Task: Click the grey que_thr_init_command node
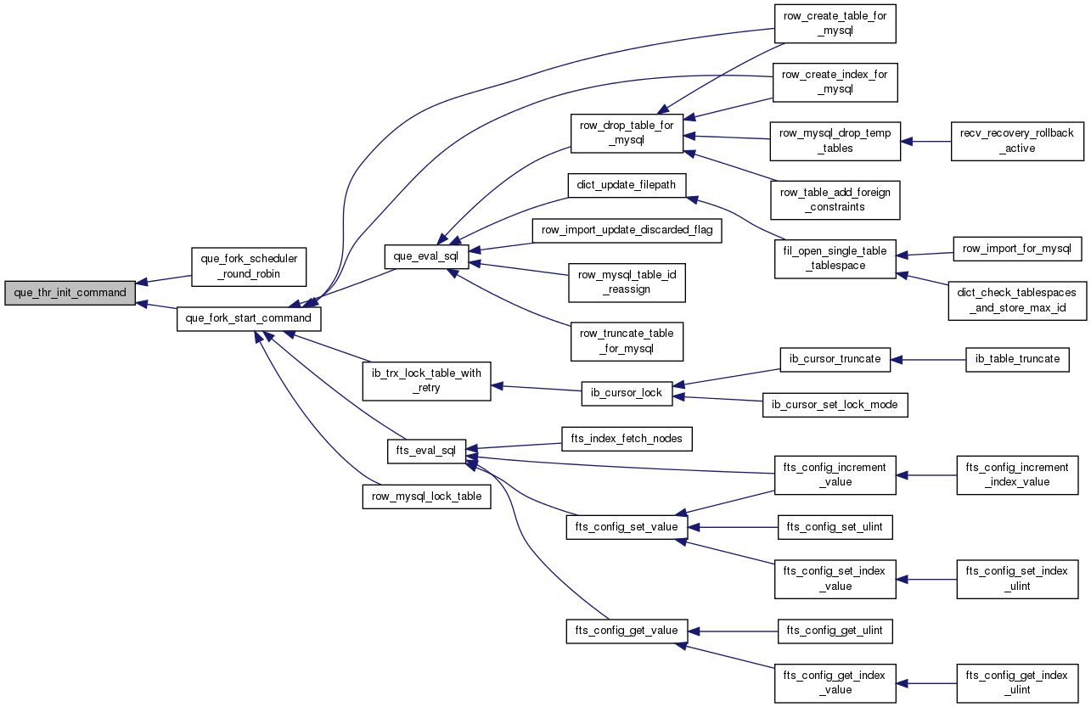tap(70, 293)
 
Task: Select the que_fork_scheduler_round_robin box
tap(249, 267)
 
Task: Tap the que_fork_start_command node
tap(249, 319)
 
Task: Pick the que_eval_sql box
tap(426, 256)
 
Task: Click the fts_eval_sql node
tap(427, 452)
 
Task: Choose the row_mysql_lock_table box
tap(427, 497)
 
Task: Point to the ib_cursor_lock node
tap(627, 394)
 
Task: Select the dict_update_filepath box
tap(627, 186)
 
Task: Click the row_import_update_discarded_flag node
tap(627, 231)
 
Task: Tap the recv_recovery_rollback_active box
tap(1017, 141)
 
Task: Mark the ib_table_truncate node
tap(1017, 360)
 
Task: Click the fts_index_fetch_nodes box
tap(627, 439)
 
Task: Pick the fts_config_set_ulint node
tap(835, 527)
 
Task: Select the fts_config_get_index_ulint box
tap(1017, 683)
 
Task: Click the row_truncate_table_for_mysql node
tap(627, 341)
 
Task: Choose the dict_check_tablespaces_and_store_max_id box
tap(1017, 300)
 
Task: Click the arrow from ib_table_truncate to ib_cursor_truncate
tap(928, 360)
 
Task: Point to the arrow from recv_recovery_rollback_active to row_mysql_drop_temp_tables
tap(926, 142)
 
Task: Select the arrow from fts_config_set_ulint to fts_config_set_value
tap(733, 527)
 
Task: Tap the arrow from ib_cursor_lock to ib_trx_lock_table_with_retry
tap(537, 389)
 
